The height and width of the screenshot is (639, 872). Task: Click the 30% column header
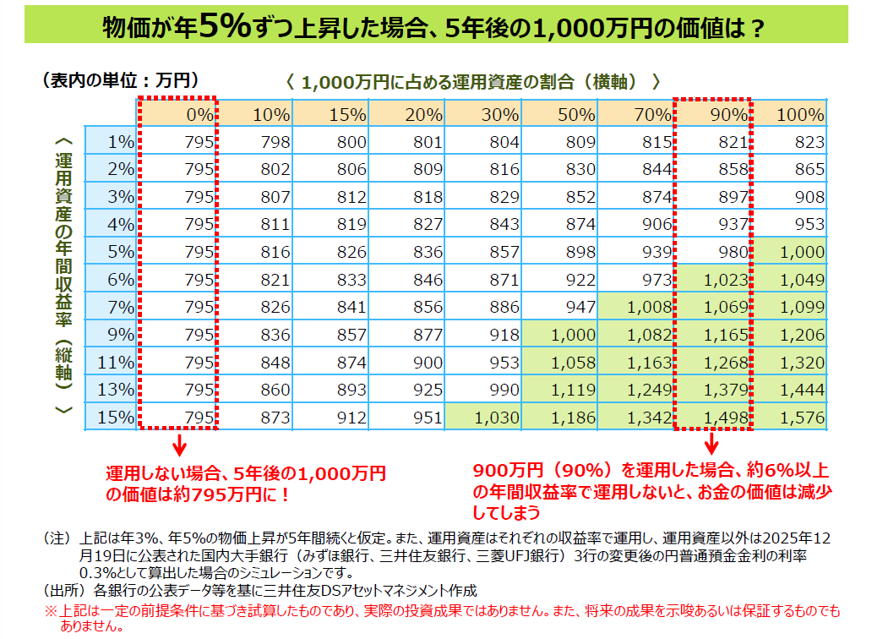point(485,114)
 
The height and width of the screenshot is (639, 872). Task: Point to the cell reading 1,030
point(485,417)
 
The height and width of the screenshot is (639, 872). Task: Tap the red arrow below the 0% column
point(177,445)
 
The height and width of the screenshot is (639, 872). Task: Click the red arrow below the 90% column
point(711,445)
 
